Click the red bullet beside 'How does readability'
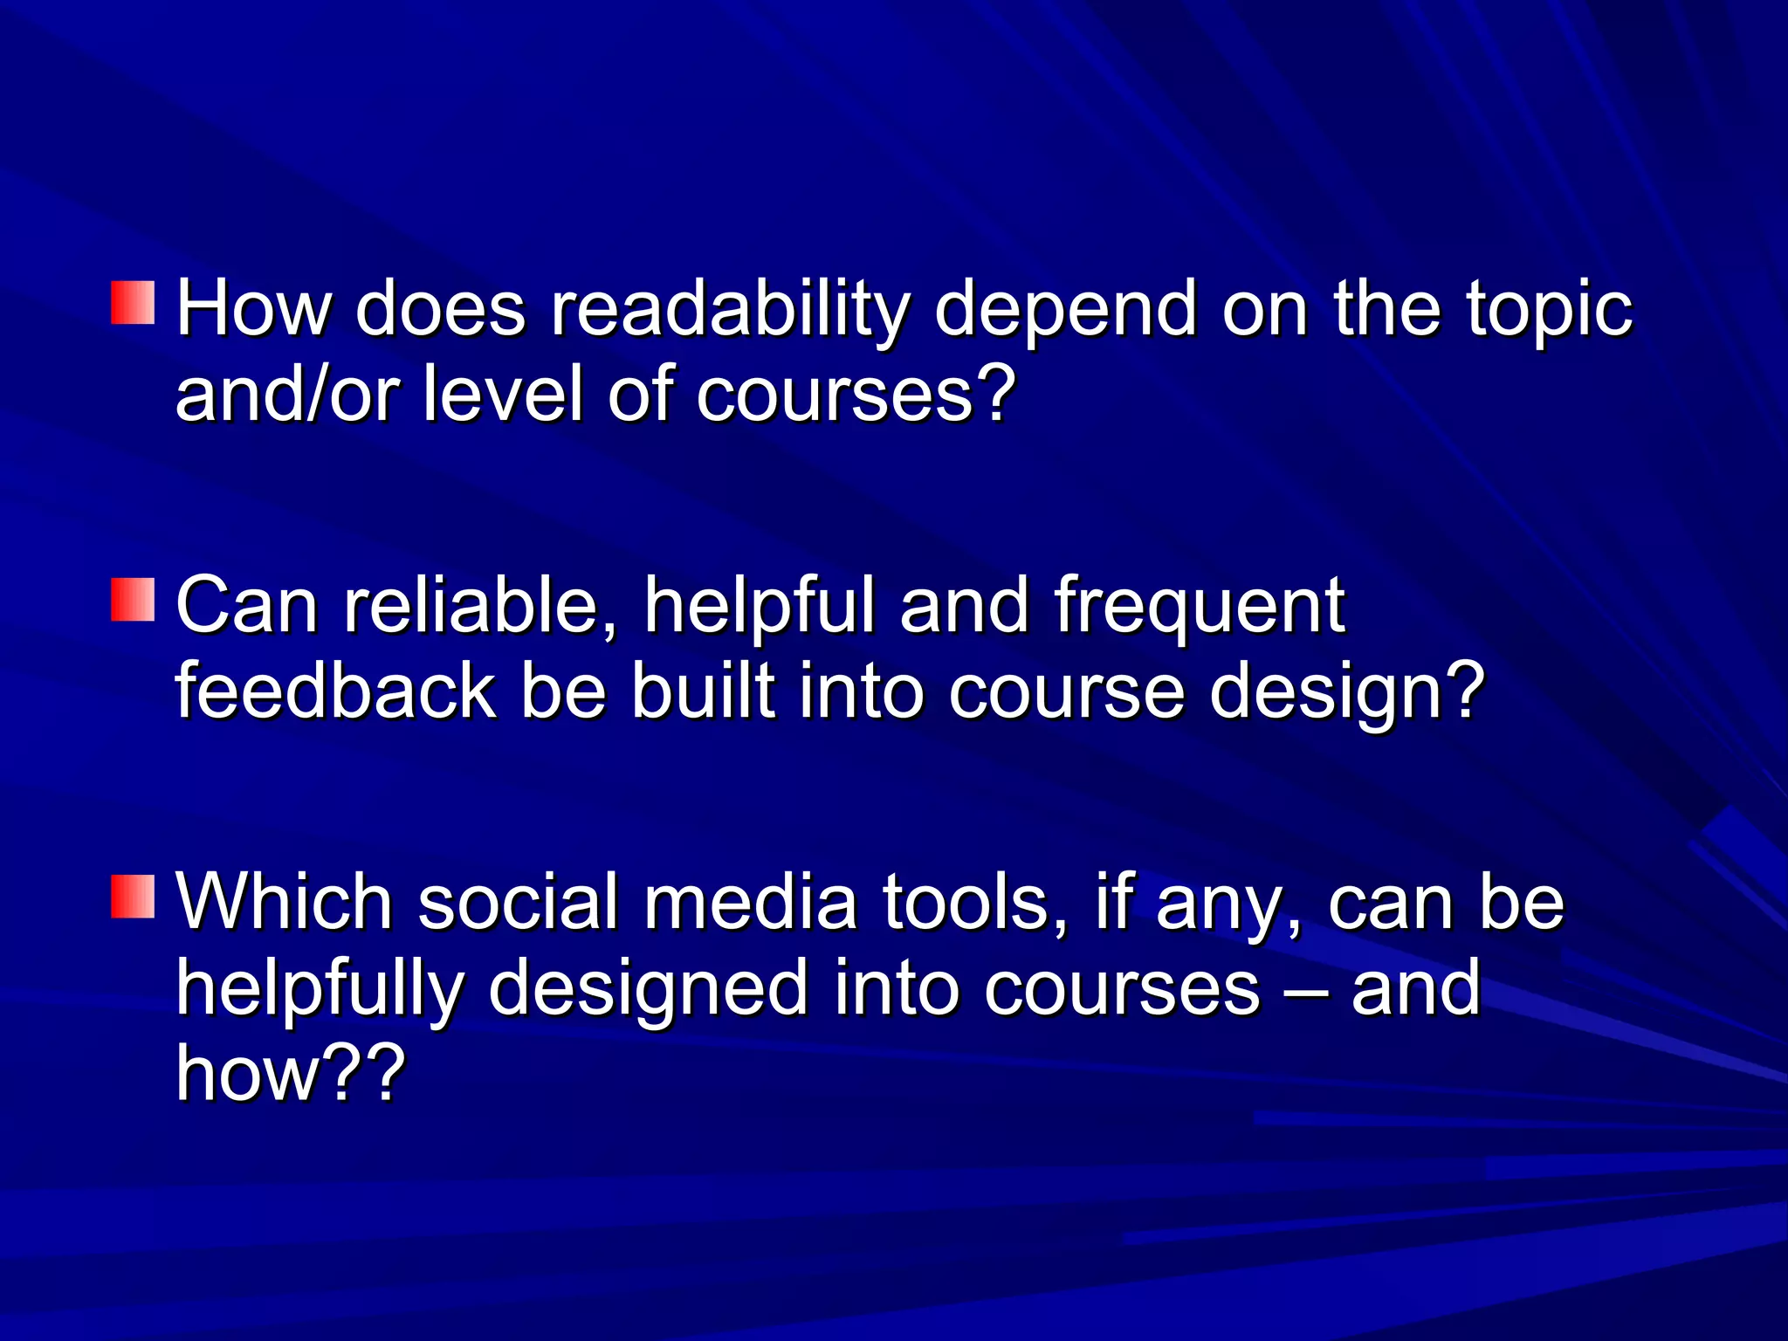pos(133,302)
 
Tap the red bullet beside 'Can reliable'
pos(133,599)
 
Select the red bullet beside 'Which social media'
pos(133,896)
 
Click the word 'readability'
pos(729,310)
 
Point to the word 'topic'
pos(1548,310)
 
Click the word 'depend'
pos(1065,310)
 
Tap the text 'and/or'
pos(287,395)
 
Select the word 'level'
pos(502,395)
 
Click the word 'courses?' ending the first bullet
pos(856,395)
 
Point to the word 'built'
pos(703,691)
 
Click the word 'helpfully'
pos(320,988)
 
